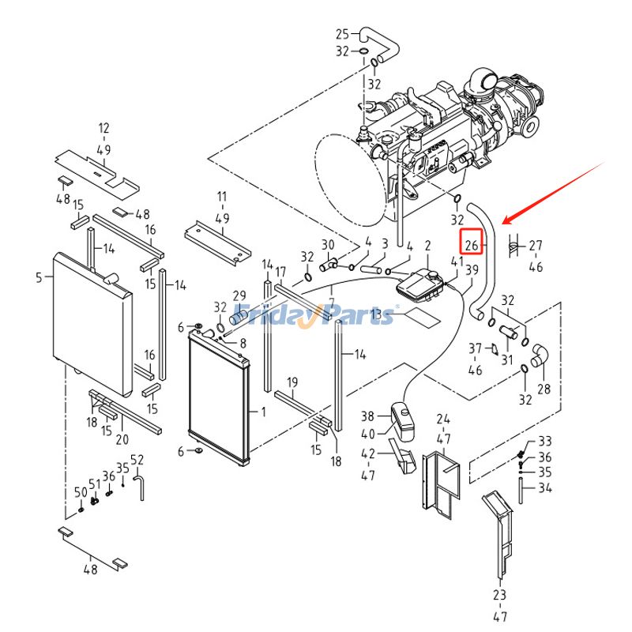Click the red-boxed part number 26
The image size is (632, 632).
(472, 246)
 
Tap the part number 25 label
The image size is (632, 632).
(342, 34)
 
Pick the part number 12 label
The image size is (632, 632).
(104, 128)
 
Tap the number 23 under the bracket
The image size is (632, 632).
(499, 594)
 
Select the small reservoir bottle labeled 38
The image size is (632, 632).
(402, 423)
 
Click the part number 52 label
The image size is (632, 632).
(137, 460)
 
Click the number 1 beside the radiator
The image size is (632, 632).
(263, 412)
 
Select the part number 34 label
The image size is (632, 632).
(544, 488)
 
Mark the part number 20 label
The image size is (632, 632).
(122, 440)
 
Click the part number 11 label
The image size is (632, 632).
(221, 196)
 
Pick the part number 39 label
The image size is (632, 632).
(472, 271)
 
